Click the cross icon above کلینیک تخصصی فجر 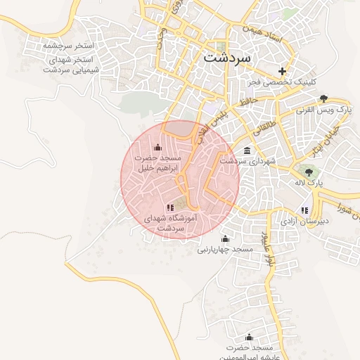pos(283,71)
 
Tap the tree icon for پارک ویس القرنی pos(323,98)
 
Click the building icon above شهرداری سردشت pos(247,150)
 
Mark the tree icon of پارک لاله pos(308,172)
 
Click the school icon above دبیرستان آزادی pos(304,210)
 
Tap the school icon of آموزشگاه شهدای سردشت pos(169,207)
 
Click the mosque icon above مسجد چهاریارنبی pos(225,238)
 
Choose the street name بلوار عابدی pos(266,250)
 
